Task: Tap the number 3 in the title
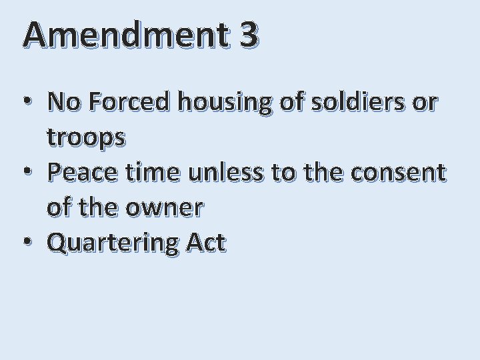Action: click(248, 35)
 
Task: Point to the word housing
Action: click(227, 103)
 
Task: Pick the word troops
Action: click(86, 139)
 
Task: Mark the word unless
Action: click(227, 172)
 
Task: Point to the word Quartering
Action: click(113, 243)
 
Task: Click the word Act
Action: click(206, 243)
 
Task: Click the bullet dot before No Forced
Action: click(27, 103)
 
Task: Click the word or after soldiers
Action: click(425, 103)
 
